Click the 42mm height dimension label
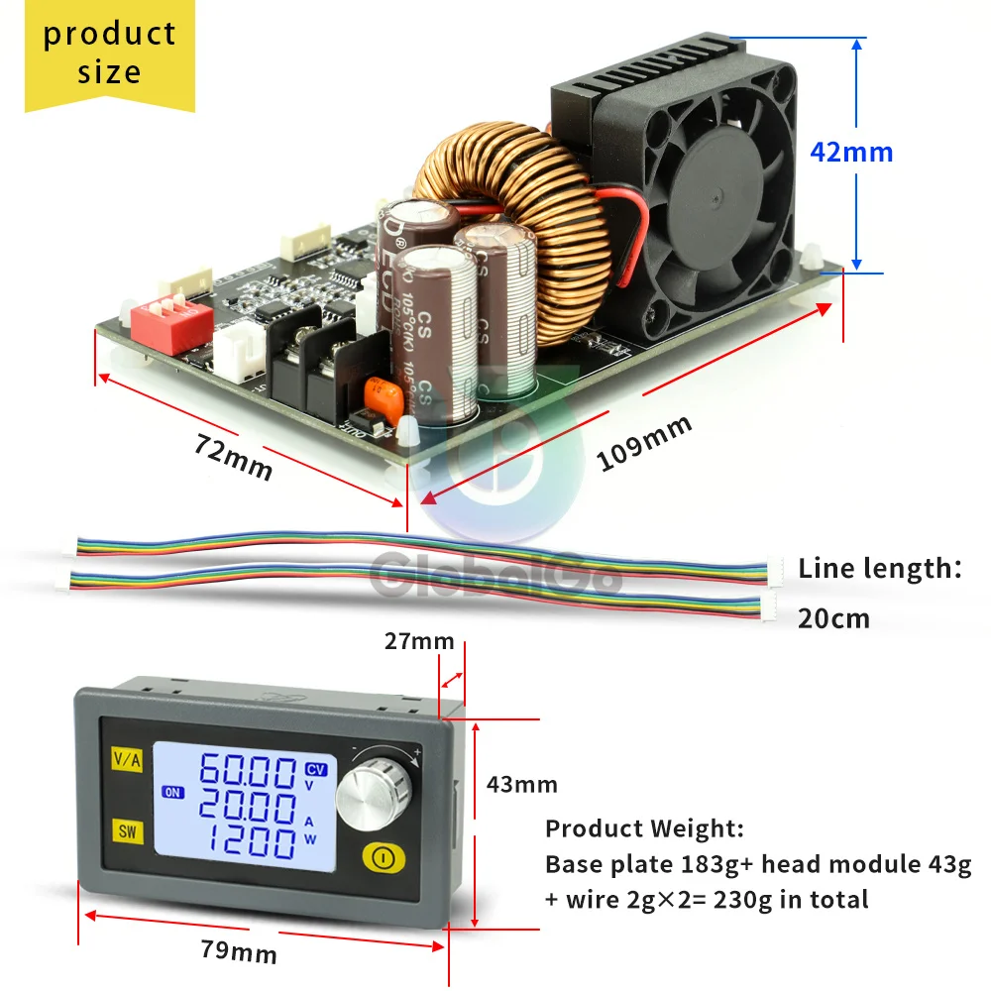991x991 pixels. tap(851, 153)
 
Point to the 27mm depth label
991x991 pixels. tap(418, 641)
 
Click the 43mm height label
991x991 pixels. tap(521, 785)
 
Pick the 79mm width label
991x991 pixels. tap(239, 952)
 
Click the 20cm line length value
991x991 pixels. tap(833, 619)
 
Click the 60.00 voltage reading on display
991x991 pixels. tap(247, 771)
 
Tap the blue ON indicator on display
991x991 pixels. tap(172, 791)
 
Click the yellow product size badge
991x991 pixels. tap(109, 54)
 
